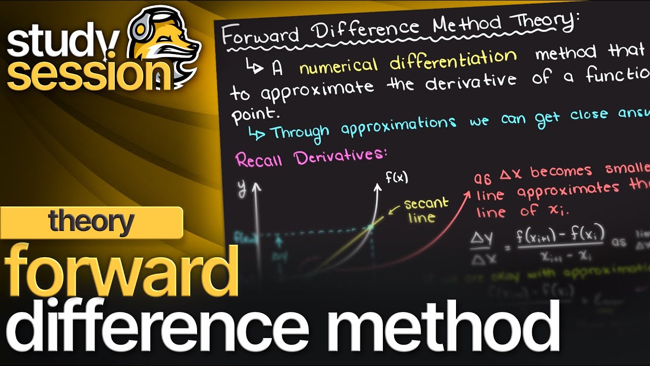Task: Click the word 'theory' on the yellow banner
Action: [91, 222]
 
